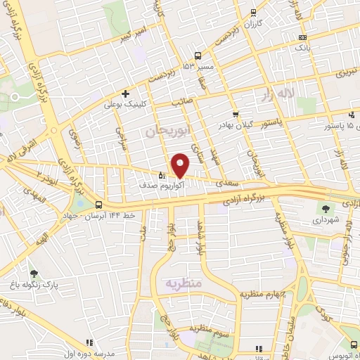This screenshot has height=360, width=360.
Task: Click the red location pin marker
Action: pyautogui.click(x=180, y=166)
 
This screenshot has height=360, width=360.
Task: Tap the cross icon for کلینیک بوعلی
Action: pyautogui.click(x=125, y=94)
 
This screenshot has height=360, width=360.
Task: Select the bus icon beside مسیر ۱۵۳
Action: pyautogui.click(x=198, y=56)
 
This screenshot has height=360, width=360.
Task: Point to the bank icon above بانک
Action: pyautogui.click(x=302, y=37)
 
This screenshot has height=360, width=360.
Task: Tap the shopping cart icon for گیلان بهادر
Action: pyautogui.click(x=235, y=115)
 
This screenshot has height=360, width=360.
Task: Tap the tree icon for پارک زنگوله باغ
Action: pyautogui.click(x=34, y=272)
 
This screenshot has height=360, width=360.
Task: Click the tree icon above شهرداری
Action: pyautogui.click(x=325, y=208)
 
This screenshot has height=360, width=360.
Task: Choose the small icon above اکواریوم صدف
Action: pyautogui.click(x=161, y=176)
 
